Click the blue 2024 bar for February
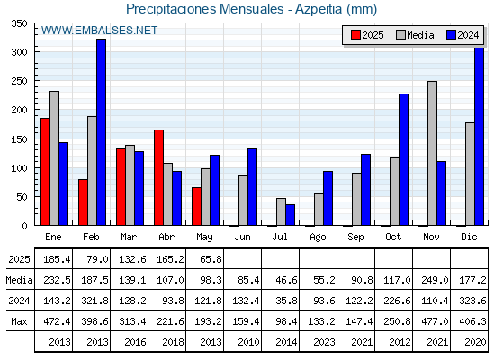click(x=101, y=132)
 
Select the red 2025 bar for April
click(x=158, y=177)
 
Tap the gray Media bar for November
click(x=432, y=153)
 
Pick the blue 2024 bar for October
click(x=404, y=160)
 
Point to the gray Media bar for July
click(x=281, y=211)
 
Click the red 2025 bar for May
click(x=196, y=206)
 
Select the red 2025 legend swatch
click(x=355, y=35)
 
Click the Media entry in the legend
click(x=415, y=35)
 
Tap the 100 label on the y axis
click(x=20, y=168)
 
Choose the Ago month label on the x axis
click(x=318, y=238)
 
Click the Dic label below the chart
click(x=469, y=237)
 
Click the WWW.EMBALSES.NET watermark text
click(x=99, y=31)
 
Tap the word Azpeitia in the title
click(x=319, y=9)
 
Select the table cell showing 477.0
click(x=435, y=321)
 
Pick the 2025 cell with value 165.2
click(x=170, y=259)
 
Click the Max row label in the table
click(x=19, y=321)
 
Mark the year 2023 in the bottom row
click(x=324, y=342)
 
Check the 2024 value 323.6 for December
click(x=472, y=301)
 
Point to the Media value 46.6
click(x=286, y=280)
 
